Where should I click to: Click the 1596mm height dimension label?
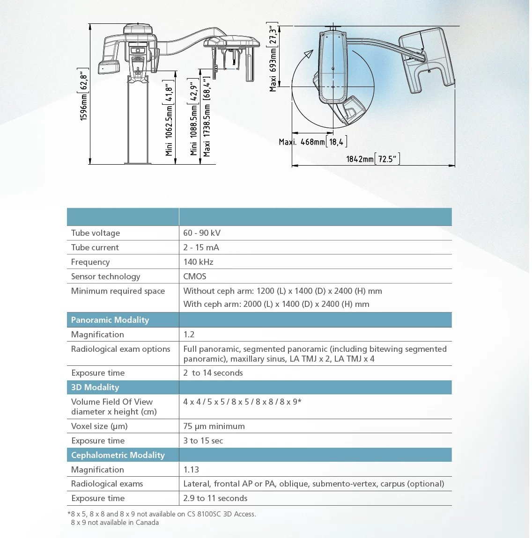84,95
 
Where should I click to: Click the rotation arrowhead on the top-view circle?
308,54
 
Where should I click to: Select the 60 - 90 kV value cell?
202,233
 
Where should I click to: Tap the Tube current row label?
95,247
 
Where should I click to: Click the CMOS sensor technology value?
195,276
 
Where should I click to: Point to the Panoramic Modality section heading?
110,320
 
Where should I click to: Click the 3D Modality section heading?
95,387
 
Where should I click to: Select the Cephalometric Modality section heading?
118,455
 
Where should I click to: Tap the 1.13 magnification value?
191,470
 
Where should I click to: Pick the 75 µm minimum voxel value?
214,426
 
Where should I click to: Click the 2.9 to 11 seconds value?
215,498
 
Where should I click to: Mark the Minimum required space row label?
118,291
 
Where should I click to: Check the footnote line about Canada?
115,523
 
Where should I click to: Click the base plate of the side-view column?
138,162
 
